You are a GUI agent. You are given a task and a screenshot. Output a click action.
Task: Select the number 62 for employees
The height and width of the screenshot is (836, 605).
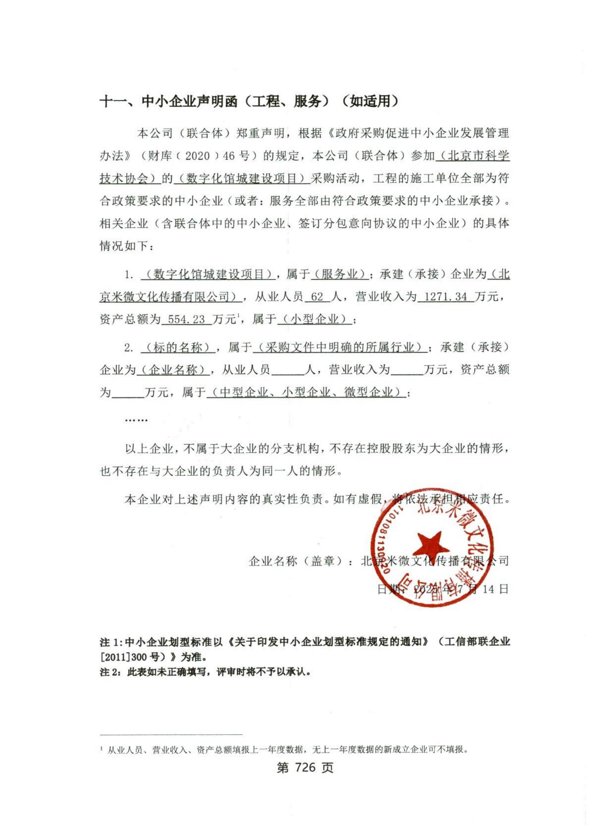click(x=317, y=296)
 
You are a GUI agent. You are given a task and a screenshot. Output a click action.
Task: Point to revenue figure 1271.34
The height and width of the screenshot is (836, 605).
click(x=446, y=296)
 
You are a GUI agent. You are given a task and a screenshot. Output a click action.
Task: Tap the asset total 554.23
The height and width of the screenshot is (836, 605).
click(x=187, y=319)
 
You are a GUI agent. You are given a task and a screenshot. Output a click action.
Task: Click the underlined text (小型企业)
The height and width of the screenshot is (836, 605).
click(x=315, y=319)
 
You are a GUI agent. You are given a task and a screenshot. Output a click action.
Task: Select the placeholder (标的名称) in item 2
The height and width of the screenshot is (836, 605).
click(x=178, y=347)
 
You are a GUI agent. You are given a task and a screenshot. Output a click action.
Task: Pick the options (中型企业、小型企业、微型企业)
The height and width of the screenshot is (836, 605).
click(x=306, y=392)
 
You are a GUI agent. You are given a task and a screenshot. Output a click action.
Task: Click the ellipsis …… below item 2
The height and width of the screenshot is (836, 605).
click(x=136, y=420)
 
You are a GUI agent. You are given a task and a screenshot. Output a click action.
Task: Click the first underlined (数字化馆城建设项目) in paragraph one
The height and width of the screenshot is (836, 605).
click(x=242, y=179)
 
